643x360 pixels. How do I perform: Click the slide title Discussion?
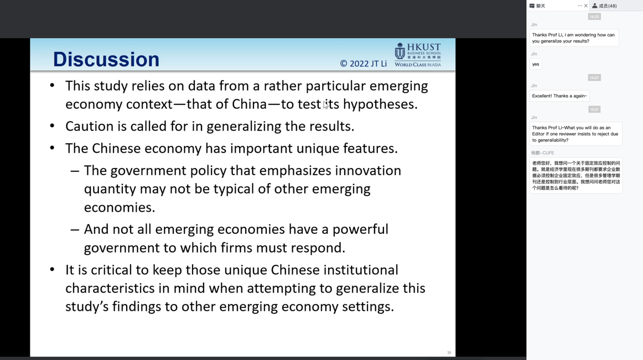click(x=106, y=60)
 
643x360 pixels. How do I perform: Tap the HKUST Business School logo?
click(x=417, y=55)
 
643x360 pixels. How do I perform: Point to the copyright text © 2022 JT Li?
click(x=364, y=64)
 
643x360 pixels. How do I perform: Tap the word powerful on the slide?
click(x=360, y=229)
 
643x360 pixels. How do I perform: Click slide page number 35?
click(x=449, y=353)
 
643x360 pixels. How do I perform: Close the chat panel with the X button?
click(x=585, y=6)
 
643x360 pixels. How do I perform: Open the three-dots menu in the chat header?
click(x=579, y=6)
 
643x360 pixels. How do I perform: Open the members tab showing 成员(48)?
click(x=604, y=6)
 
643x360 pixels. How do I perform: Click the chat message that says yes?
click(x=536, y=64)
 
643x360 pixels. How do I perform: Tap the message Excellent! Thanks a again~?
click(x=559, y=96)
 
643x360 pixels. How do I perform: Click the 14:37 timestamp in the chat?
click(x=594, y=77)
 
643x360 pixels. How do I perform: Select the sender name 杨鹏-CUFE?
click(x=542, y=153)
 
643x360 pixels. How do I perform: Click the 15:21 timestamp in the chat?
click(x=594, y=109)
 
